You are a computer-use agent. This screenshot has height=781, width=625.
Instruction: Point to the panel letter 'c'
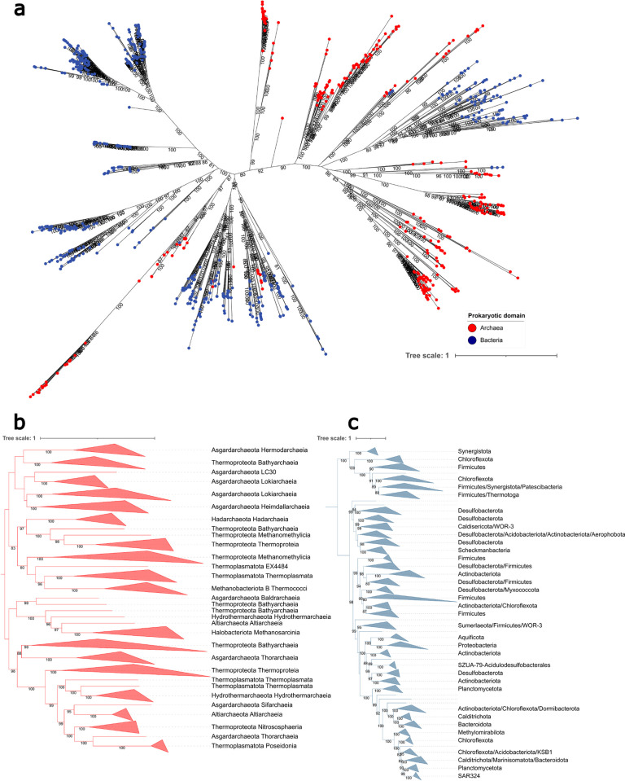coord(353,423)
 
